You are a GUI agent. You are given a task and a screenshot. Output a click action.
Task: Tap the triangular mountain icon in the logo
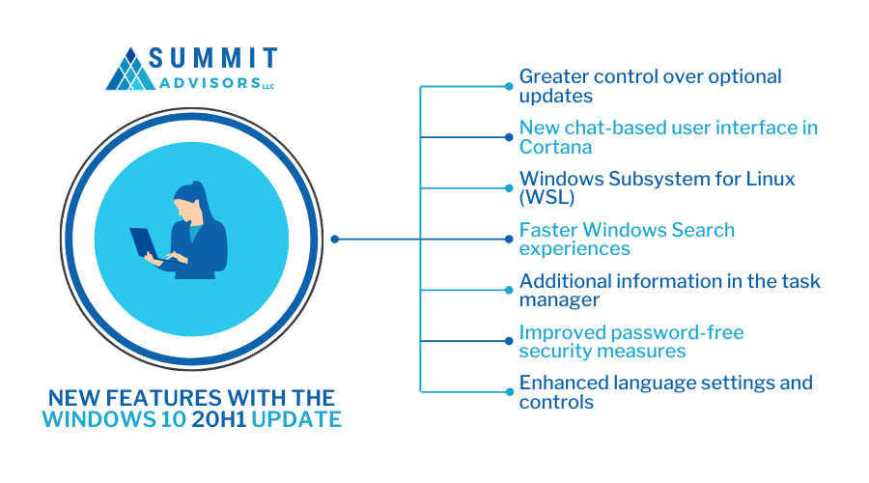(130, 70)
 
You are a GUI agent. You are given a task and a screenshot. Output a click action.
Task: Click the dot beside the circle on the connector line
(334, 239)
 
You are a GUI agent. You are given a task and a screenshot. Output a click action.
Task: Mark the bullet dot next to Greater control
(509, 86)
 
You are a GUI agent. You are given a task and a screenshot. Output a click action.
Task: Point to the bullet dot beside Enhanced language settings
(509, 391)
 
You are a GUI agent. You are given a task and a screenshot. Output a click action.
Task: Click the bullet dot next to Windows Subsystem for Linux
(509, 187)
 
